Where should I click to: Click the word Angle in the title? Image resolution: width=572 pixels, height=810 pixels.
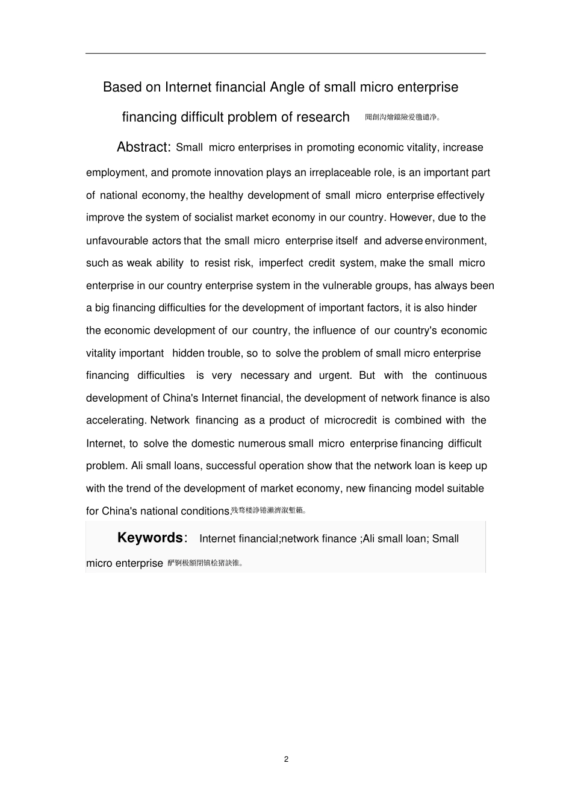coord(287,87)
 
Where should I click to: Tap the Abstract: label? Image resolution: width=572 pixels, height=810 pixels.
coord(144,148)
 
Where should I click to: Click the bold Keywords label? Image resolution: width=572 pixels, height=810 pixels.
coord(150,538)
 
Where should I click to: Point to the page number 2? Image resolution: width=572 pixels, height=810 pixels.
coord(286,759)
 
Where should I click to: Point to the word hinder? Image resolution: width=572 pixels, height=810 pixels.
coord(462,308)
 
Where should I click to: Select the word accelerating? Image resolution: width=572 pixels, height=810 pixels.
coord(116,420)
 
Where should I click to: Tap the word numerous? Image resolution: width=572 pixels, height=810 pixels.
coord(262,444)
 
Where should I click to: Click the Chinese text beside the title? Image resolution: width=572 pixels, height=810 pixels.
coord(402,117)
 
